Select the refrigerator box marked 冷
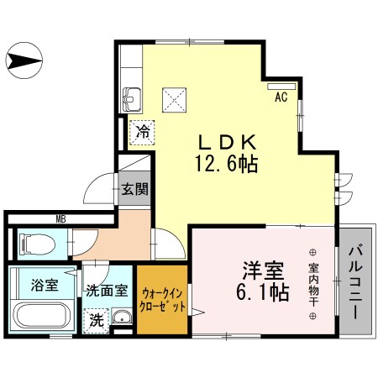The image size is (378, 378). pos(144,131)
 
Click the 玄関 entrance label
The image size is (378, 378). pos(134,189)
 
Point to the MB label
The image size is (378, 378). pos(61,220)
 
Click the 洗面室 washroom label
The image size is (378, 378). pos(107,291)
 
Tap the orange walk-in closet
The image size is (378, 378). pos(164,300)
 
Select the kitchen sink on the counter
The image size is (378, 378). pos(132,99)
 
